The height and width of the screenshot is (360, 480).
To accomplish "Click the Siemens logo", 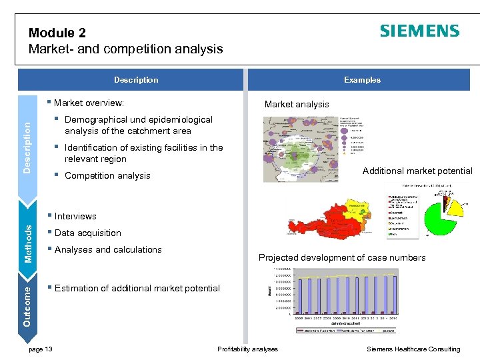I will pos(419,31).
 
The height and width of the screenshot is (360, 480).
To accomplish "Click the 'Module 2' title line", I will pos(57,33).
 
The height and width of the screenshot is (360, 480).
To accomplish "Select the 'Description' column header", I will pos(136,80).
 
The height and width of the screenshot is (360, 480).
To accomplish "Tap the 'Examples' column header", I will pos(362,80).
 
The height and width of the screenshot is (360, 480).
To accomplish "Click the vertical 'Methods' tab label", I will pos(29,243).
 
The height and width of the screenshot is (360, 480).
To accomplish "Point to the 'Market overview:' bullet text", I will pos(89,103).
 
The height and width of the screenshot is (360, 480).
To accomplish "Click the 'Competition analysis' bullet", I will pos(107,176).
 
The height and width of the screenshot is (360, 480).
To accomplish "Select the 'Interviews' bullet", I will pos(75,216).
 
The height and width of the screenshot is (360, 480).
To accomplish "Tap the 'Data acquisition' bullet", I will pos(87,233).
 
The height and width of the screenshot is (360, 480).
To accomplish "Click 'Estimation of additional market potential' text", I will pos(137,288).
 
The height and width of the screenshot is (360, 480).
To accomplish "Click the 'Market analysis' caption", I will pos(297,104).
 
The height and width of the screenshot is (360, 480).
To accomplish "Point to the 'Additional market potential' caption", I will pos(417,171).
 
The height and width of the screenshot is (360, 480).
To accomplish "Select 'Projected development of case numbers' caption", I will pos(342,257).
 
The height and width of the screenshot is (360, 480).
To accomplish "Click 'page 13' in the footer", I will pos(41,349).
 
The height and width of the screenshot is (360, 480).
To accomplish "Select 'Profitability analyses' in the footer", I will pos(248,349).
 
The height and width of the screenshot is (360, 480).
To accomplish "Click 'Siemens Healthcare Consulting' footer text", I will pos(413,349).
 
